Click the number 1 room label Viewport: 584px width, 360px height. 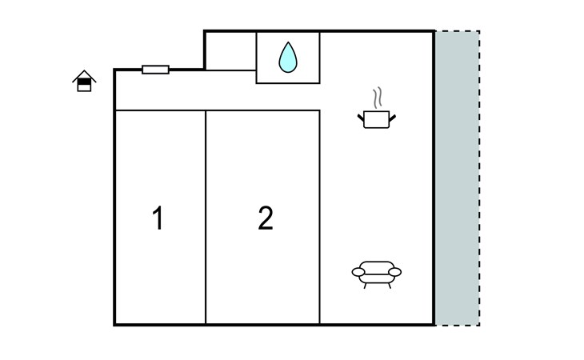pos(158,218)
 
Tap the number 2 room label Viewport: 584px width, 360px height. pos(266,218)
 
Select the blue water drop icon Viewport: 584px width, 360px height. pos(288,58)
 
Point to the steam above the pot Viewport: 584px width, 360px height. pos(378,98)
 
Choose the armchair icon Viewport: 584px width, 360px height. pos(377,274)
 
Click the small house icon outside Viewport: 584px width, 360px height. pos(84,81)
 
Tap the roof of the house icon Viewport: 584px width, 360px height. pos(84,74)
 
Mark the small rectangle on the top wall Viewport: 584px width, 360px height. pos(156,70)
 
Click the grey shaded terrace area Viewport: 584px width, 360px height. pos(458,178)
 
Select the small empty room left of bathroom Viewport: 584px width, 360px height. pos(230,51)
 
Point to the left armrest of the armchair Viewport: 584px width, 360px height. pos(358,272)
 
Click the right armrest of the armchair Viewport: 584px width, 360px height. pos(394,272)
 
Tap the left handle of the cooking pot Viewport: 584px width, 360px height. pos(361,118)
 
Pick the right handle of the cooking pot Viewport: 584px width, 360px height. pos(393,118)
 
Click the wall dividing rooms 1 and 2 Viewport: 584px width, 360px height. pos(206,217)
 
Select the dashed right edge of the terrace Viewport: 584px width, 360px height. pos(479,178)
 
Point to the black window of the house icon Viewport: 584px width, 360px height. pos(84,82)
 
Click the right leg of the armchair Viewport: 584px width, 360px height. pos(390,286)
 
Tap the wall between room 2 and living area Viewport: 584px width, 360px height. pos(319,217)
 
